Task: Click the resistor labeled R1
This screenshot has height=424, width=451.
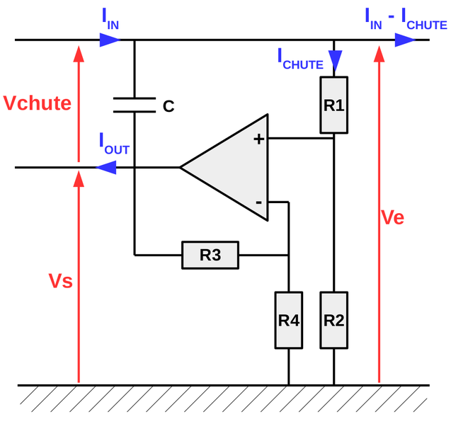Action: click(x=333, y=105)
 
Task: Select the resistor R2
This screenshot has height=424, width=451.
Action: click(x=333, y=320)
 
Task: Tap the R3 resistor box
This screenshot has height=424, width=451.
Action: click(x=210, y=255)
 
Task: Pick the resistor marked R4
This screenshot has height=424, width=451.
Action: click(x=289, y=320)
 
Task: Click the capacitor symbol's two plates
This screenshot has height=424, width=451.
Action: click(x=135, y=105)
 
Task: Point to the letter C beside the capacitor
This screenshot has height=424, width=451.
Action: click(x=169, y=106)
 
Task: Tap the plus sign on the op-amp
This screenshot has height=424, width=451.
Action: click(x=258, y=139)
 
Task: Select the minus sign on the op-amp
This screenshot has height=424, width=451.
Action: click(x=258, y=202)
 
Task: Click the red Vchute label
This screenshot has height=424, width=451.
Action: click(x=38, y=103)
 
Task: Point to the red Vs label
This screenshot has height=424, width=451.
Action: click(x=60, y=281)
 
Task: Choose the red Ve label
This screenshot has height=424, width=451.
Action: click(x=392, y=217)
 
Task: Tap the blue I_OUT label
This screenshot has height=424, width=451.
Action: click(x=113, y=148)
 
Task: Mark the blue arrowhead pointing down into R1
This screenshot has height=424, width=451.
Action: click(x=333, y=58)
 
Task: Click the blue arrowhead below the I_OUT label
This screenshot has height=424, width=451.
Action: click(x=107, y=168)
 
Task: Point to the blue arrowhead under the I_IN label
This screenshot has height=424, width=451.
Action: click(x=110, y=40)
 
